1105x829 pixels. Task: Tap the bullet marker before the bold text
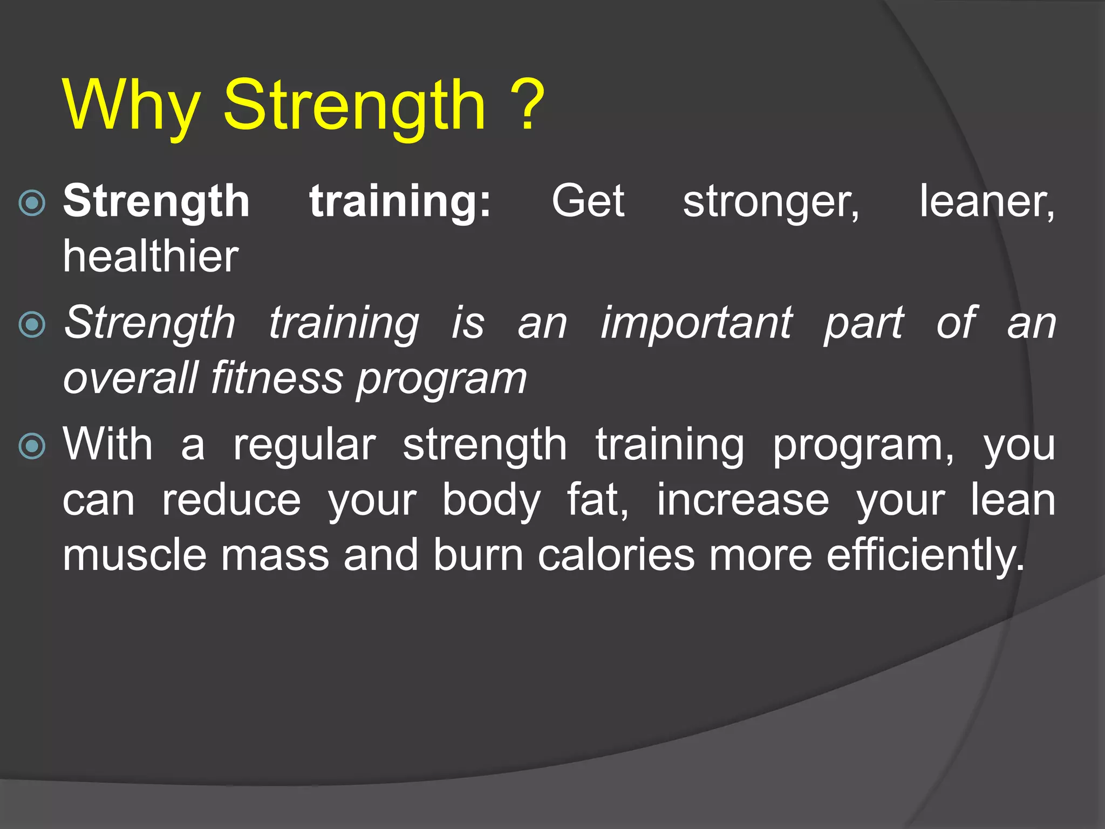coord(32,203)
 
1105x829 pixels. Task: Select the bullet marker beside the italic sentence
coord(32,324)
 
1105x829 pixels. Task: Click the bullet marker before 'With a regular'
coord(32,446)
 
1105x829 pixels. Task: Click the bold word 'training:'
coord(400,202)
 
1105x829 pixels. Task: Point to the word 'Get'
coord(588,202)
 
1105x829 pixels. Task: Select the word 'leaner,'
coord(986,202)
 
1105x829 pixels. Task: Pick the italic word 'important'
coord(696,324)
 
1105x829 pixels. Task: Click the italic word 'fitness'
coord(277,378)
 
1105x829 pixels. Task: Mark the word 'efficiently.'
coord(925,556)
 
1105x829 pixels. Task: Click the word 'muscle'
coord(134,555)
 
